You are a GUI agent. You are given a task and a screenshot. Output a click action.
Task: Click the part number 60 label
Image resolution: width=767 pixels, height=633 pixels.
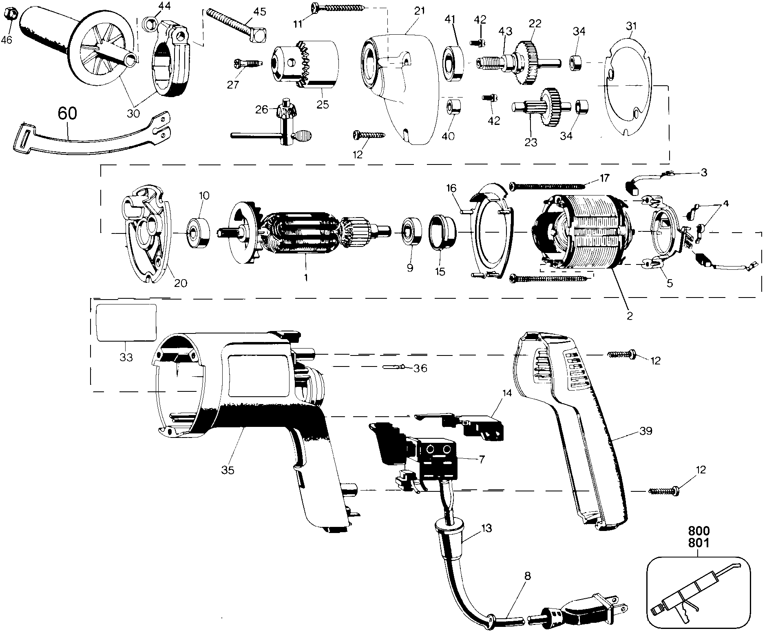67,113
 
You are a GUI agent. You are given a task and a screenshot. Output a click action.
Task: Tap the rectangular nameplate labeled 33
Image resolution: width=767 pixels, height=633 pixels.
126,322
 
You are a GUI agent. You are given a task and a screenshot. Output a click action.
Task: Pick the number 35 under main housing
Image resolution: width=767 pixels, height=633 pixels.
228,470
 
